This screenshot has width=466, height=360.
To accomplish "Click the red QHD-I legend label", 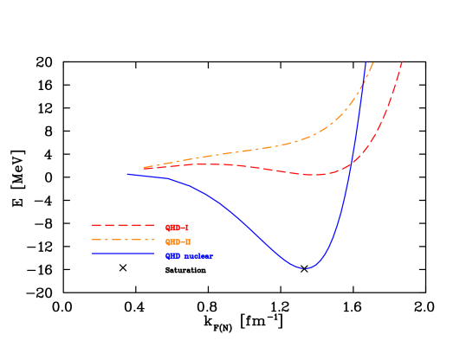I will point(177,228).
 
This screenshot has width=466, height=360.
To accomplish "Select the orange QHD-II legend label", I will point(178,242).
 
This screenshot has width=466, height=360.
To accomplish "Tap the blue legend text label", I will point(189,256).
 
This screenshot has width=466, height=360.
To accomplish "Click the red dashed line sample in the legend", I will point(123,226).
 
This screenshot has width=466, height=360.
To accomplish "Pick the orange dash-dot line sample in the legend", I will point(123,240).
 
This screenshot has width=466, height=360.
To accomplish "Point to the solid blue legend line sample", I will point(123,254).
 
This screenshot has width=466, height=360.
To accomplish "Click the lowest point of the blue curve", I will point(305,268).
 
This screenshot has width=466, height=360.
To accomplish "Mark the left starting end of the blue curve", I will point(127,174).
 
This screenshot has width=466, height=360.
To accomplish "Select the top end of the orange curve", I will point(372,62).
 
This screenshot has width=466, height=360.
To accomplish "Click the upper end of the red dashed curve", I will point(403,61).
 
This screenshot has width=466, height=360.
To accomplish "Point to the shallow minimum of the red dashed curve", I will point(316,175).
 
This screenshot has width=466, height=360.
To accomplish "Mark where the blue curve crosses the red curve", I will point(350,164).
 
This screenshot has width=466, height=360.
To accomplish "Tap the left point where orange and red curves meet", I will point(144,168).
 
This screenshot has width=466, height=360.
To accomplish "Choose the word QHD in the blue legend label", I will point(173,256).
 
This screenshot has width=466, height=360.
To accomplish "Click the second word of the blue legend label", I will point(198,256).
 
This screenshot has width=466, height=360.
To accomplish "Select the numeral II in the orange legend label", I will point(188,242).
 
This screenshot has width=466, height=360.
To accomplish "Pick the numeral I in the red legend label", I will point(185,228).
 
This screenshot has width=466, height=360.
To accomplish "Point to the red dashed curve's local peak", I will point(208,164).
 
